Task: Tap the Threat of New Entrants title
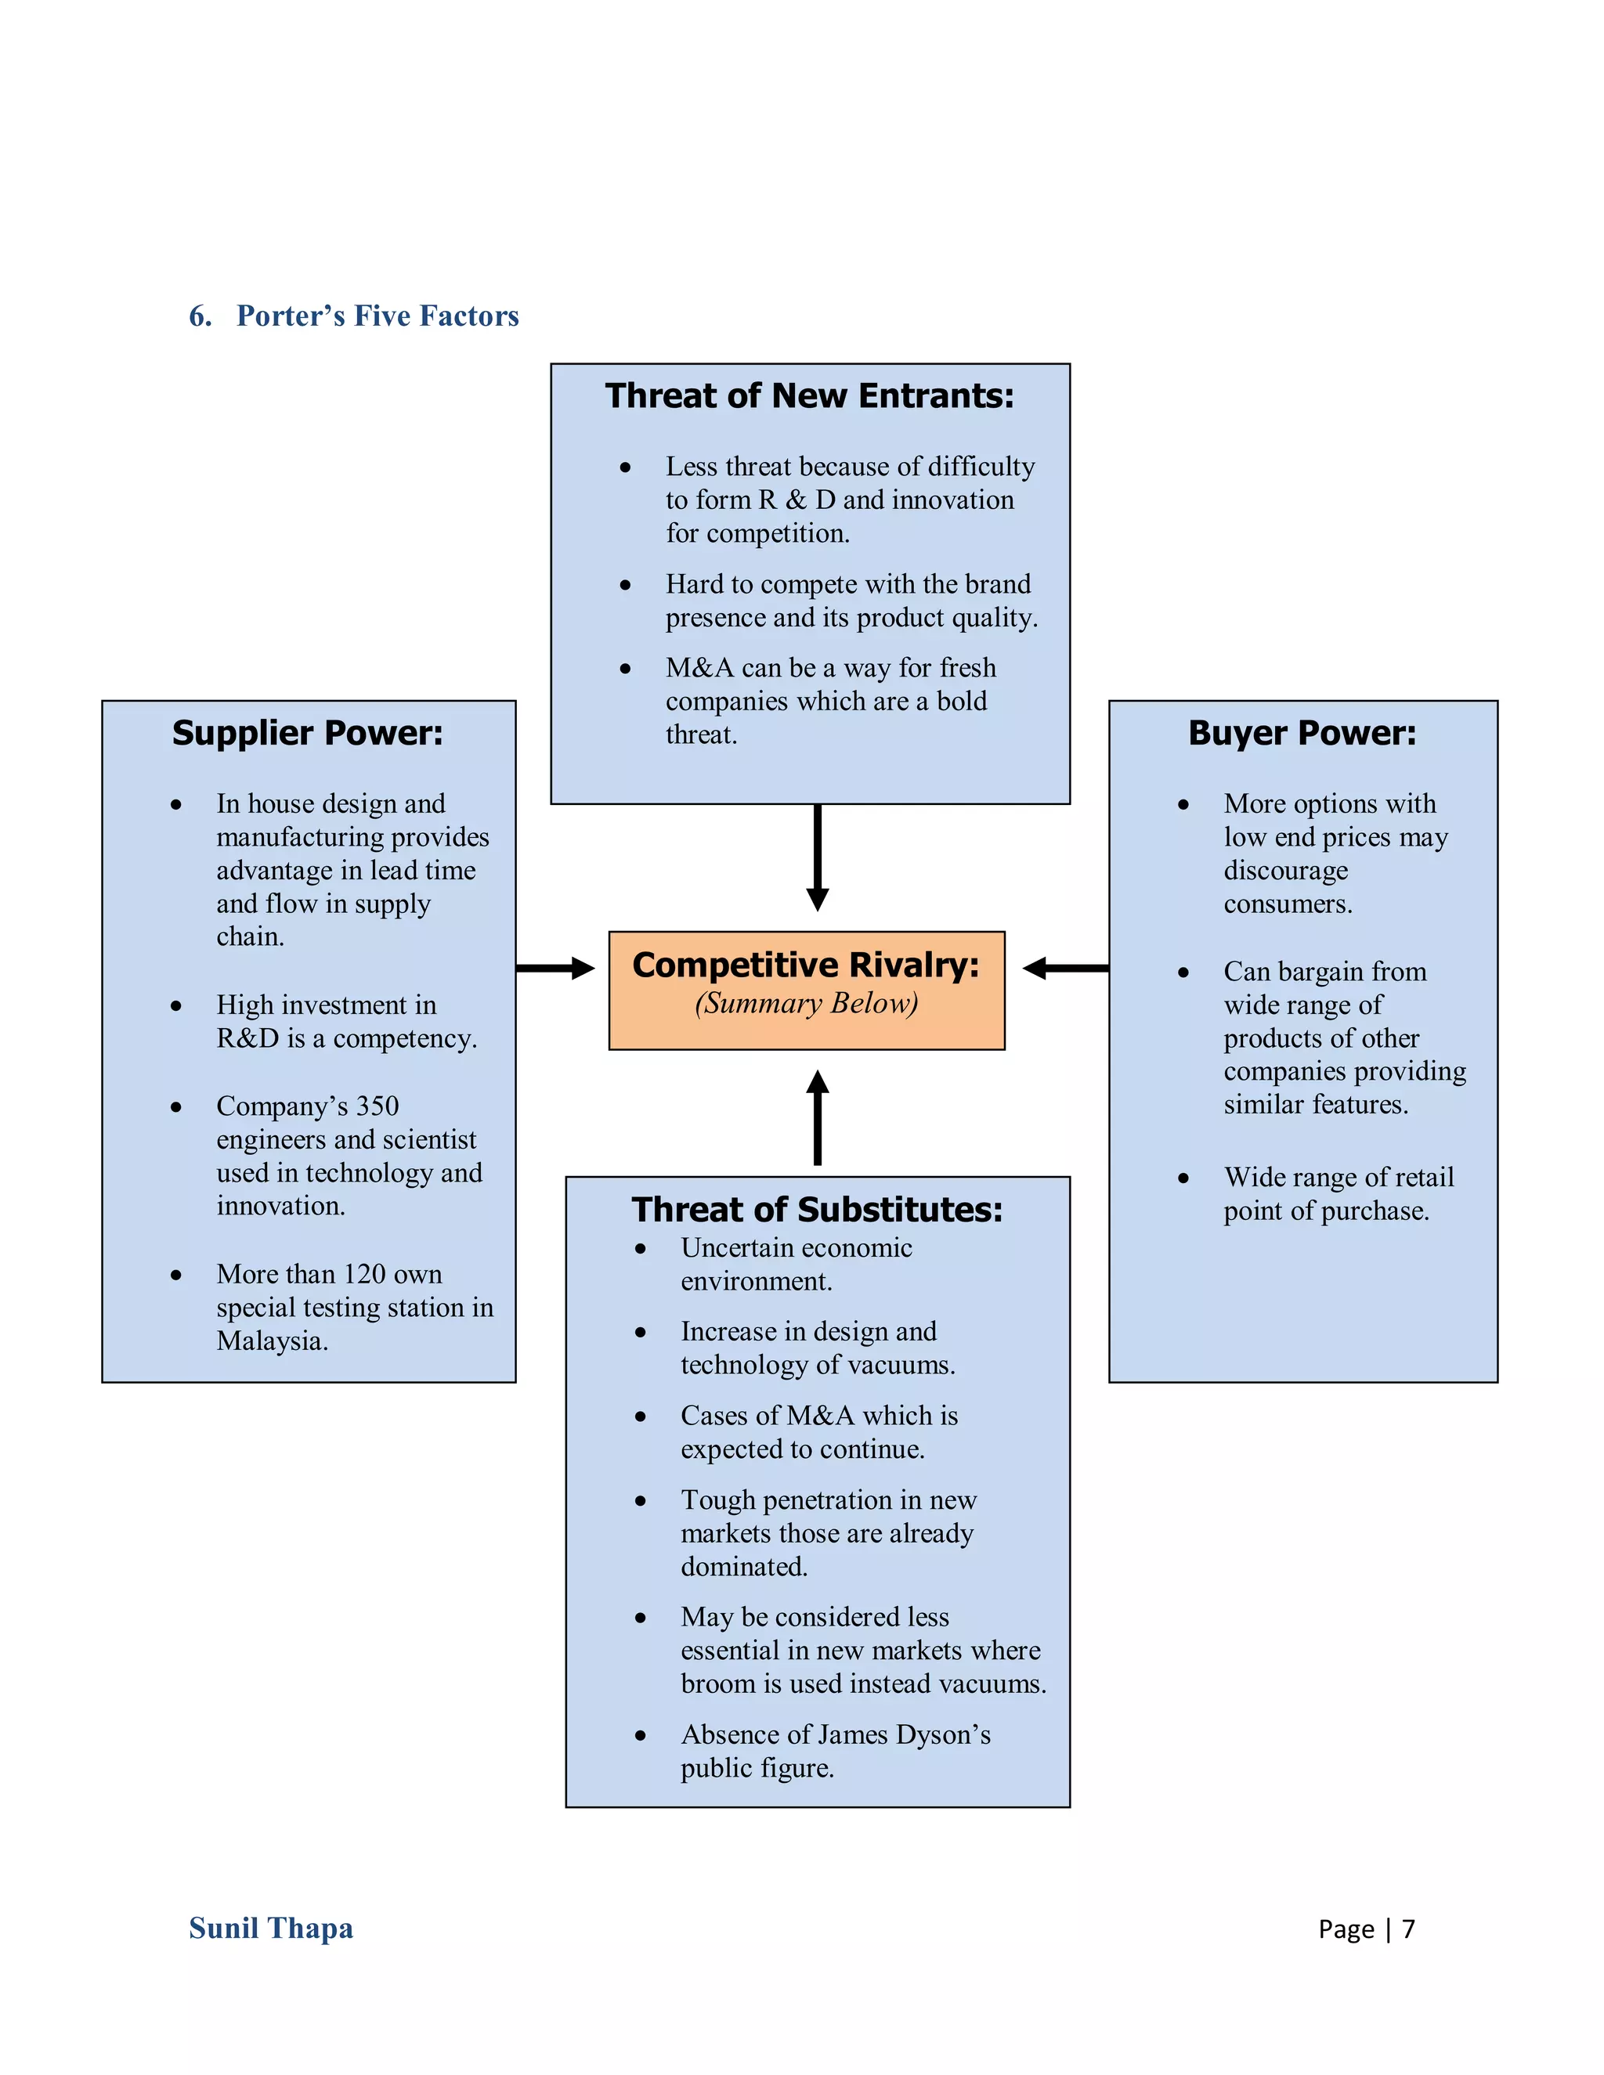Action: [810, 395]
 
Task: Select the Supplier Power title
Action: [307, 733]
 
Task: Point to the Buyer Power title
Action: [1302, 733]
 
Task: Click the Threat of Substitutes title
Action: [816, 1210]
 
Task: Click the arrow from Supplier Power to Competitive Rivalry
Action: [555, 968]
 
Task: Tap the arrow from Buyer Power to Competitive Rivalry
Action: [1065, 968]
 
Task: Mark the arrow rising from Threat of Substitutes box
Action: [817, 1117]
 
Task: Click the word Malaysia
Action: [272, 1341]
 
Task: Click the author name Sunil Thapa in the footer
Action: [271, 1928]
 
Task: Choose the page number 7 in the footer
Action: [1408, 1929]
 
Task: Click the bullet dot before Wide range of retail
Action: [1183, 1178]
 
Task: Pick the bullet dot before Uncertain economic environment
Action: [641, 1248]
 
